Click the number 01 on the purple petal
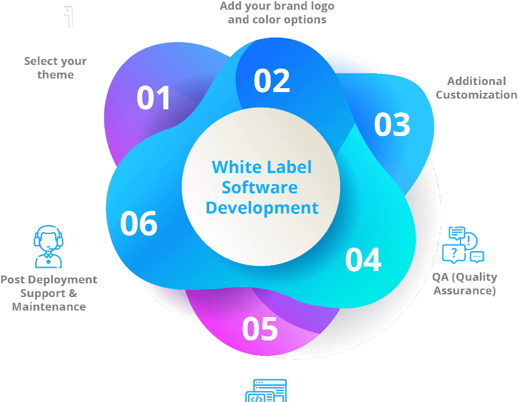pos(153,98)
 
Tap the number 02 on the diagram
pos(272,81)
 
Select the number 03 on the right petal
pos(392,124)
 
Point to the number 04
pos(363,259)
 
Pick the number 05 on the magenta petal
pos(260,329)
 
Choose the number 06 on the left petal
pos(139,224)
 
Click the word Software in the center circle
pos(260,187)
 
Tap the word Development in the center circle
pos(262,208)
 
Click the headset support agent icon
pos(48,246)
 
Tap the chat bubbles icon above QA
pos(463,245)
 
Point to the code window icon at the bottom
pos(266,391)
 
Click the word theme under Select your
pos(56,75)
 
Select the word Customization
pos(477,95)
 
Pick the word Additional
pos(477,81)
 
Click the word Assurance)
pos(464,290)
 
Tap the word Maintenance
pos(49,307)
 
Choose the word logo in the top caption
pos(319,6)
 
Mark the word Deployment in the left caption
pos(63,280)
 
